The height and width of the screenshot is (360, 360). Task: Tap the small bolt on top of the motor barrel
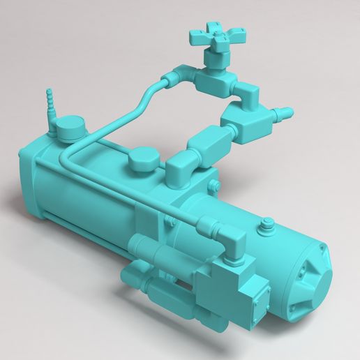click(265, 225)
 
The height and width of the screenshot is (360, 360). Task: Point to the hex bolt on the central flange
click(214, 185)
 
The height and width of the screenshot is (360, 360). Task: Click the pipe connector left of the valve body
click(179, 73)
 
